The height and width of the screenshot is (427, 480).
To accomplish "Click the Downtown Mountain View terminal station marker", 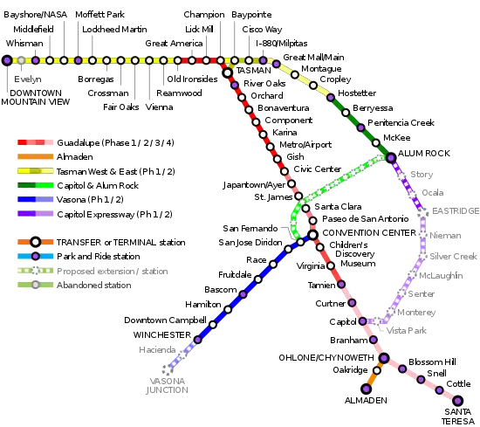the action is pos(7,60).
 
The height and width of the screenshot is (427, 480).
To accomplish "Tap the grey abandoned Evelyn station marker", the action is pos(21,60).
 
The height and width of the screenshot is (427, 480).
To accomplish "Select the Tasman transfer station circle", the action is pos(228,72).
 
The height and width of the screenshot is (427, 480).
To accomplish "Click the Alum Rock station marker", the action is pos(391,157).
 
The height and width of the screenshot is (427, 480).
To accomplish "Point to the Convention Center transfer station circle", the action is pos(312,235).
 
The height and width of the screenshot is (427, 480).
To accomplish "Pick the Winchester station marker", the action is pos(198,340).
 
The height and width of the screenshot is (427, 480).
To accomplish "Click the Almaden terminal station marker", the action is pos(367,389).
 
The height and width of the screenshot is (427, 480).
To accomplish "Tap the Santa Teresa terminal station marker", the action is pos(457,400).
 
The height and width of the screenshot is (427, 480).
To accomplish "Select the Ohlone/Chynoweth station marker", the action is pos(384,357).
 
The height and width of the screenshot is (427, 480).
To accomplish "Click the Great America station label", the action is pos(174,43).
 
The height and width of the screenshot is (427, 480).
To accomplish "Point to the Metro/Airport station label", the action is pos(305,144).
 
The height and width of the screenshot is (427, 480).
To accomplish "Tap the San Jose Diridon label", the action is pos(250,242).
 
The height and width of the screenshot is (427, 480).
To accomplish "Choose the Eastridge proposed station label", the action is pos(456,210).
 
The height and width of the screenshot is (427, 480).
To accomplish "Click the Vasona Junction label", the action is pos(168,385).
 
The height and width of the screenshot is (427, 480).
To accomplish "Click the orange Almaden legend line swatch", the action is pos(35,156).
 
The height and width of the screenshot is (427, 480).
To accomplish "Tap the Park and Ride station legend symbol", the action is pos(36,256).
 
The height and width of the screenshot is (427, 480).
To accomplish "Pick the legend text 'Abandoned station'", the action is pos(94,285).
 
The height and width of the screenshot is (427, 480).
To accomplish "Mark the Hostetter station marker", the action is pos(331,98).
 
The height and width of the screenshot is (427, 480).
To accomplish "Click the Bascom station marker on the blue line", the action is pos(243,294).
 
